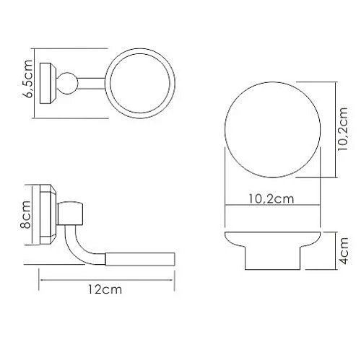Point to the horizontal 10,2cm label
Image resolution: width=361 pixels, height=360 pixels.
pos(274,199)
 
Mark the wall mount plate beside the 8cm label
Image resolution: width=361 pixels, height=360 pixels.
pos(47,213)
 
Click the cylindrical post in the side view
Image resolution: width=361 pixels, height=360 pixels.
pos(74,214)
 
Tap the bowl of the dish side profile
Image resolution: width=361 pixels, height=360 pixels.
pos(273,242)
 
